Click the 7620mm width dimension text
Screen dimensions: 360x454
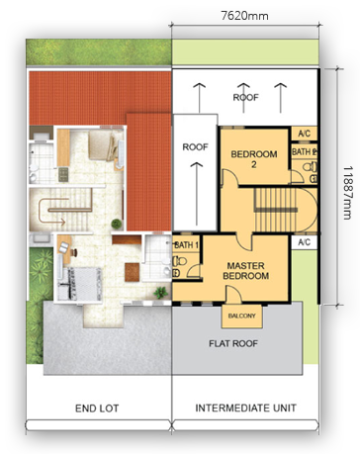coord(244,16)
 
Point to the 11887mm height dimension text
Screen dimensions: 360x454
coord(348,193)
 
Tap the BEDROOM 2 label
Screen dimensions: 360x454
coord(254,159)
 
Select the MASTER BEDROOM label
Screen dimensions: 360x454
coord(246,271)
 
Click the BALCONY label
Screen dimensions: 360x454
coord(241,316)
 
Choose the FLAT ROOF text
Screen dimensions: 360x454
coord(233,343)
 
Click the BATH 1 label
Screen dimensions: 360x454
coord(187,245)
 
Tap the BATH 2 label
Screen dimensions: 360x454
coord(305,152)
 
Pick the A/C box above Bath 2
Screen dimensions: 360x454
coord(305,134)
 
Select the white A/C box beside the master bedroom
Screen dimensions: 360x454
coord(305,242)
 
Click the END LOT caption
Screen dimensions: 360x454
coord(97,409)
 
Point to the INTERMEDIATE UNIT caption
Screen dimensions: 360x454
coord(245,408)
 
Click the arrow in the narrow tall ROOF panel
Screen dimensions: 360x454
coord(197,193)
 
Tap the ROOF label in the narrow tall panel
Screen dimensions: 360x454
coord(195,146)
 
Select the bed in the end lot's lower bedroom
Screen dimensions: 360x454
coord(79,284)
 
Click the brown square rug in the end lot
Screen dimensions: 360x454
coord(132,272)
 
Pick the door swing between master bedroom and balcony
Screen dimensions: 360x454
coord(233,295)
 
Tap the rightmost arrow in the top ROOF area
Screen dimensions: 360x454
coord(281,98)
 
